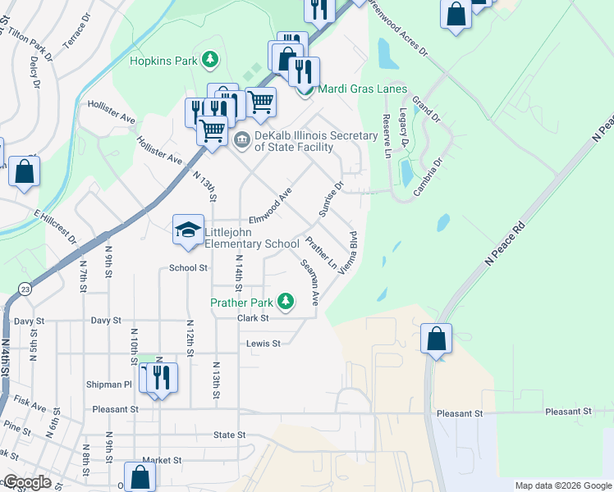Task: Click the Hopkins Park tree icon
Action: point(211,60)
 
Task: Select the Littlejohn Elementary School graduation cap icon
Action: point(188,230)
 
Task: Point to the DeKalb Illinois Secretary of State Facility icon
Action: point(242,138)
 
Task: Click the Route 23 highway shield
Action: point(26,289)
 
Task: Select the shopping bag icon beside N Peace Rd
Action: point(438,339)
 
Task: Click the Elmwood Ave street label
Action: point(271,207)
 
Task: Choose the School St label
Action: point(188,267)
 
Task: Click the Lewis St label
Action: point(263,344)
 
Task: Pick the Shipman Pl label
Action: point(109,384)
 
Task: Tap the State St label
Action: point(229,435)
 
